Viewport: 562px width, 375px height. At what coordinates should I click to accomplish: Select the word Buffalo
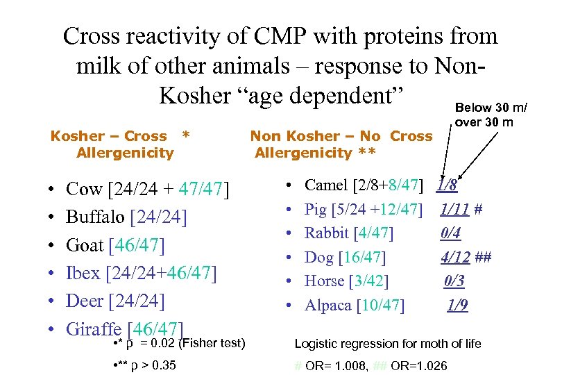point(95,217)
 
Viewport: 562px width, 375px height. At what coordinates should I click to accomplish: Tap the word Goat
point(85,245)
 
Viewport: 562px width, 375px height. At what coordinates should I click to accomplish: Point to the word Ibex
point(83,274)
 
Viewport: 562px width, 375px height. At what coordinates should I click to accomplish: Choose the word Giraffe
point(95,329)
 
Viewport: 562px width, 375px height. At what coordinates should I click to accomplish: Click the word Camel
point(327,185)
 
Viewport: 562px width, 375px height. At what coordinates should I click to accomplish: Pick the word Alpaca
point(328,306)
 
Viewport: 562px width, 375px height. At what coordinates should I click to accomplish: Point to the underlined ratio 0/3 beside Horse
point(454,281)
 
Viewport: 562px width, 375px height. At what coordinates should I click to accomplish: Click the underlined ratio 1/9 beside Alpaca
point(457,306)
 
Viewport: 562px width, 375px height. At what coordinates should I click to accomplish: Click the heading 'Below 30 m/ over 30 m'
point(490,115)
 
